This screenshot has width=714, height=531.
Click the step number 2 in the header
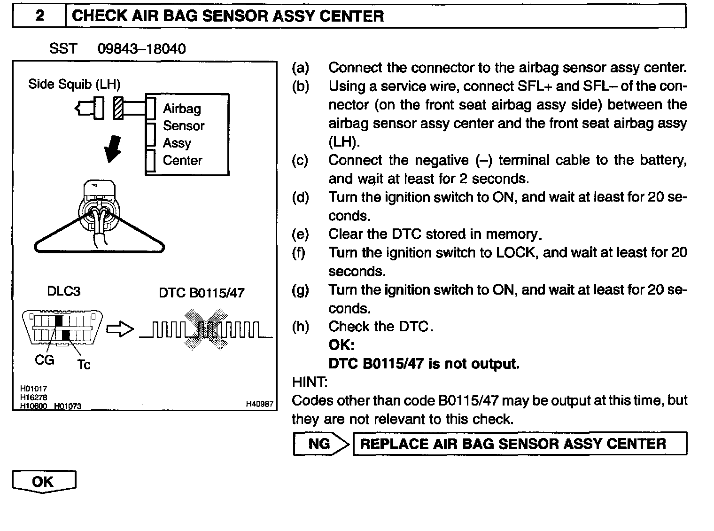click(39, 16)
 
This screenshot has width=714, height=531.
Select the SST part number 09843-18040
click(141, 49)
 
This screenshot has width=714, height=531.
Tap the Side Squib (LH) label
click(74, 84)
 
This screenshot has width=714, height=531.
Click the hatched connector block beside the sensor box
click(119, 108)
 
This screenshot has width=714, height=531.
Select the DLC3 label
click(63, 291)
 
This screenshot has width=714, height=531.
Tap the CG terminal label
click(45, 360)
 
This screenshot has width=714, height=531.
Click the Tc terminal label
click(84, 365)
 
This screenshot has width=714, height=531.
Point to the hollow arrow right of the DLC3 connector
click(120, 329)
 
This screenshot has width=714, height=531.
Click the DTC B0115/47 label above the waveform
click(202, 293)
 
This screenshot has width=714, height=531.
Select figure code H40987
click(259, 404)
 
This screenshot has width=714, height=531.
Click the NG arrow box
click(321, 444)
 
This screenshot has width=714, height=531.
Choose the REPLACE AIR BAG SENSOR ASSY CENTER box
click(520, 444)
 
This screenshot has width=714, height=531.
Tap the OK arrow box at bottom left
click(44, 482)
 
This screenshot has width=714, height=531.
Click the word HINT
click(310, 382)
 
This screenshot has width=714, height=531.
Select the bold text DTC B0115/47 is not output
click(424, 364)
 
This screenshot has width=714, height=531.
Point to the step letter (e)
click(300, 234)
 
